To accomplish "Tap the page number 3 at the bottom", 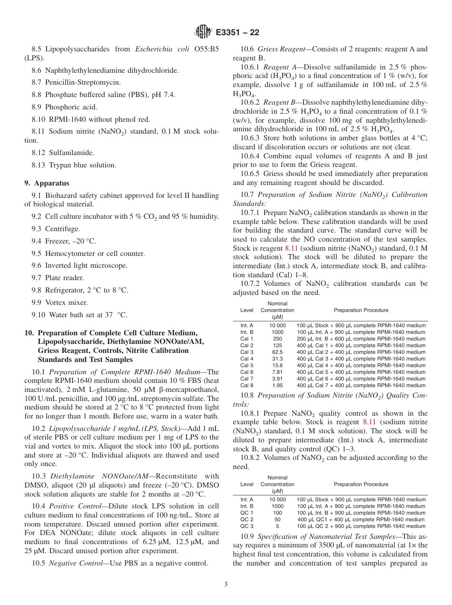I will [226, 584].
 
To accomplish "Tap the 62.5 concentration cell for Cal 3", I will [277, 352].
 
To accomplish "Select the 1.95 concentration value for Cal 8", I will [277, 385].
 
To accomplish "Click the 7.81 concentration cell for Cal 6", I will [277, 372].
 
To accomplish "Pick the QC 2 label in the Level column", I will [246, 519].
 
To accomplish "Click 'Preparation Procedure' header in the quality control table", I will [361, 484].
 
